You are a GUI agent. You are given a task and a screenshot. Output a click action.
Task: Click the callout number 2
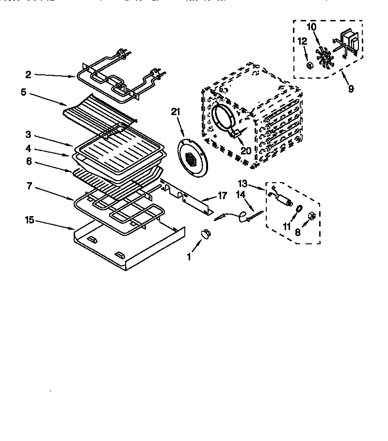pos(28,74)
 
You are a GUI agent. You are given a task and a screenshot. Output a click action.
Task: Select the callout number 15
pos(30,220)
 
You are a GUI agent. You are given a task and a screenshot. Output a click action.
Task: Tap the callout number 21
pos(175,112)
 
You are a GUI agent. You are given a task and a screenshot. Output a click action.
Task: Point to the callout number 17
pos(222,196)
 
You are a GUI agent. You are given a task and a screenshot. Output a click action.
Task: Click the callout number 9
pos(351,88)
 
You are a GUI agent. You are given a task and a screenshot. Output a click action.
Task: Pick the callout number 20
pos(246,151)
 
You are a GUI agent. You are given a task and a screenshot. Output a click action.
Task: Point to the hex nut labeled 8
pos(312,217)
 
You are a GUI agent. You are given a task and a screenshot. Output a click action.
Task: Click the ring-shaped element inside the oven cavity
pos(225,117)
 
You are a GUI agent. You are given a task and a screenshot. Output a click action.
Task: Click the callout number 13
pos(243,183)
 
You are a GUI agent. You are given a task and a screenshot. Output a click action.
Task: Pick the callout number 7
pos(30,186)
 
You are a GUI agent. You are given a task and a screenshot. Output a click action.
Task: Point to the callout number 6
pos(29,161)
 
